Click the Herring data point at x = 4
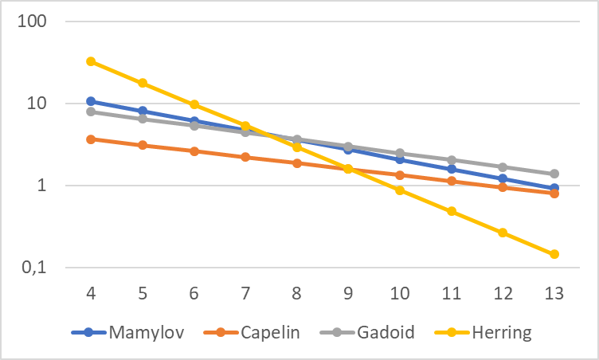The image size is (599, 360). tap(91, 61)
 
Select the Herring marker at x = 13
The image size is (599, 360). tap(554, 254)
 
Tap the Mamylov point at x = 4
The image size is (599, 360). tap(91, 101)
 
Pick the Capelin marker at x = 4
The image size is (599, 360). tap(91, 139)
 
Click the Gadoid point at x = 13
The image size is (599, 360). tap(554, 174)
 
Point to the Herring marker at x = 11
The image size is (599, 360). tap(452, 211)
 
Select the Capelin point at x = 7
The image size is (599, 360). tap(245, 157)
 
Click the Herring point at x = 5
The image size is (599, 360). tap(143, 83)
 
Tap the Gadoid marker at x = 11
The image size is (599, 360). tap(452, 160)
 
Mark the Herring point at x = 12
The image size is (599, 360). tap(503, 233)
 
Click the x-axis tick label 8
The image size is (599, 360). tap(297, 293)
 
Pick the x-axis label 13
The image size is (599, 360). tap(554, 293)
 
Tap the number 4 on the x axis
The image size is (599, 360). tap(91, 293)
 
